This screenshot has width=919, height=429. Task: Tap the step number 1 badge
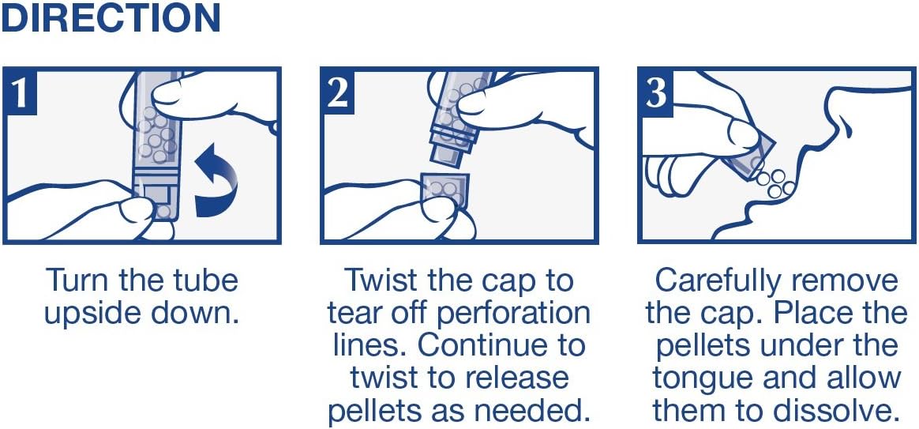[x=20, y=92]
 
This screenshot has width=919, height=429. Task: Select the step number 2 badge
[x=338, y=92]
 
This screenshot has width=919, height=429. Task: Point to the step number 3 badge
[x=655, y=92]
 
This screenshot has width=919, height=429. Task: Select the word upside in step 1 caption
[x=90, y=314]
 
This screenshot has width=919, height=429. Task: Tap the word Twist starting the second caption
[x=381, y=280]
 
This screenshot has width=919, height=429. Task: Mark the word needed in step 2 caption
[x=539, y=412]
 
